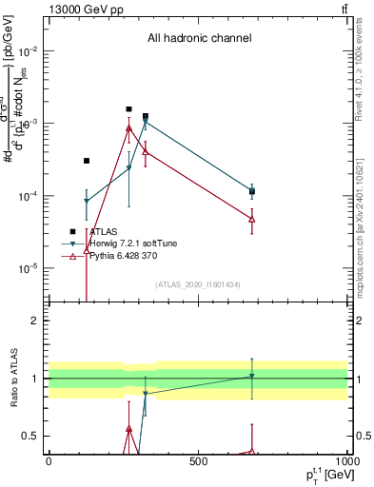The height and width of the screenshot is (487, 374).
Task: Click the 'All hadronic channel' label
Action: [x=199, y=38]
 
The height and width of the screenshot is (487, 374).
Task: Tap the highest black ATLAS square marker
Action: [x=129, y=109]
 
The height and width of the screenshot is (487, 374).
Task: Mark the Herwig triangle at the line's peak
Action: [x=146, y=122]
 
